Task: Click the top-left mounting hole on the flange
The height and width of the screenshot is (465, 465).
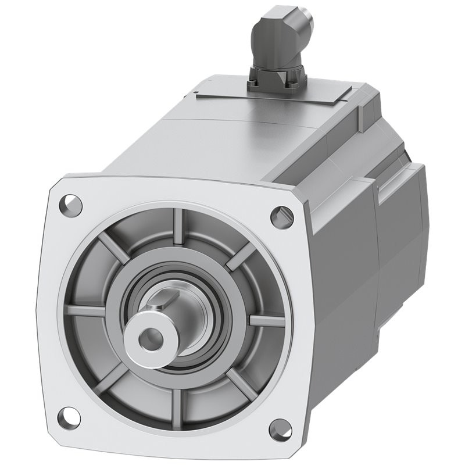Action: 70,204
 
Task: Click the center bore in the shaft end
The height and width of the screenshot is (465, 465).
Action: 152,335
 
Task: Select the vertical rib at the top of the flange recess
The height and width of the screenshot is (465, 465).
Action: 177,224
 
